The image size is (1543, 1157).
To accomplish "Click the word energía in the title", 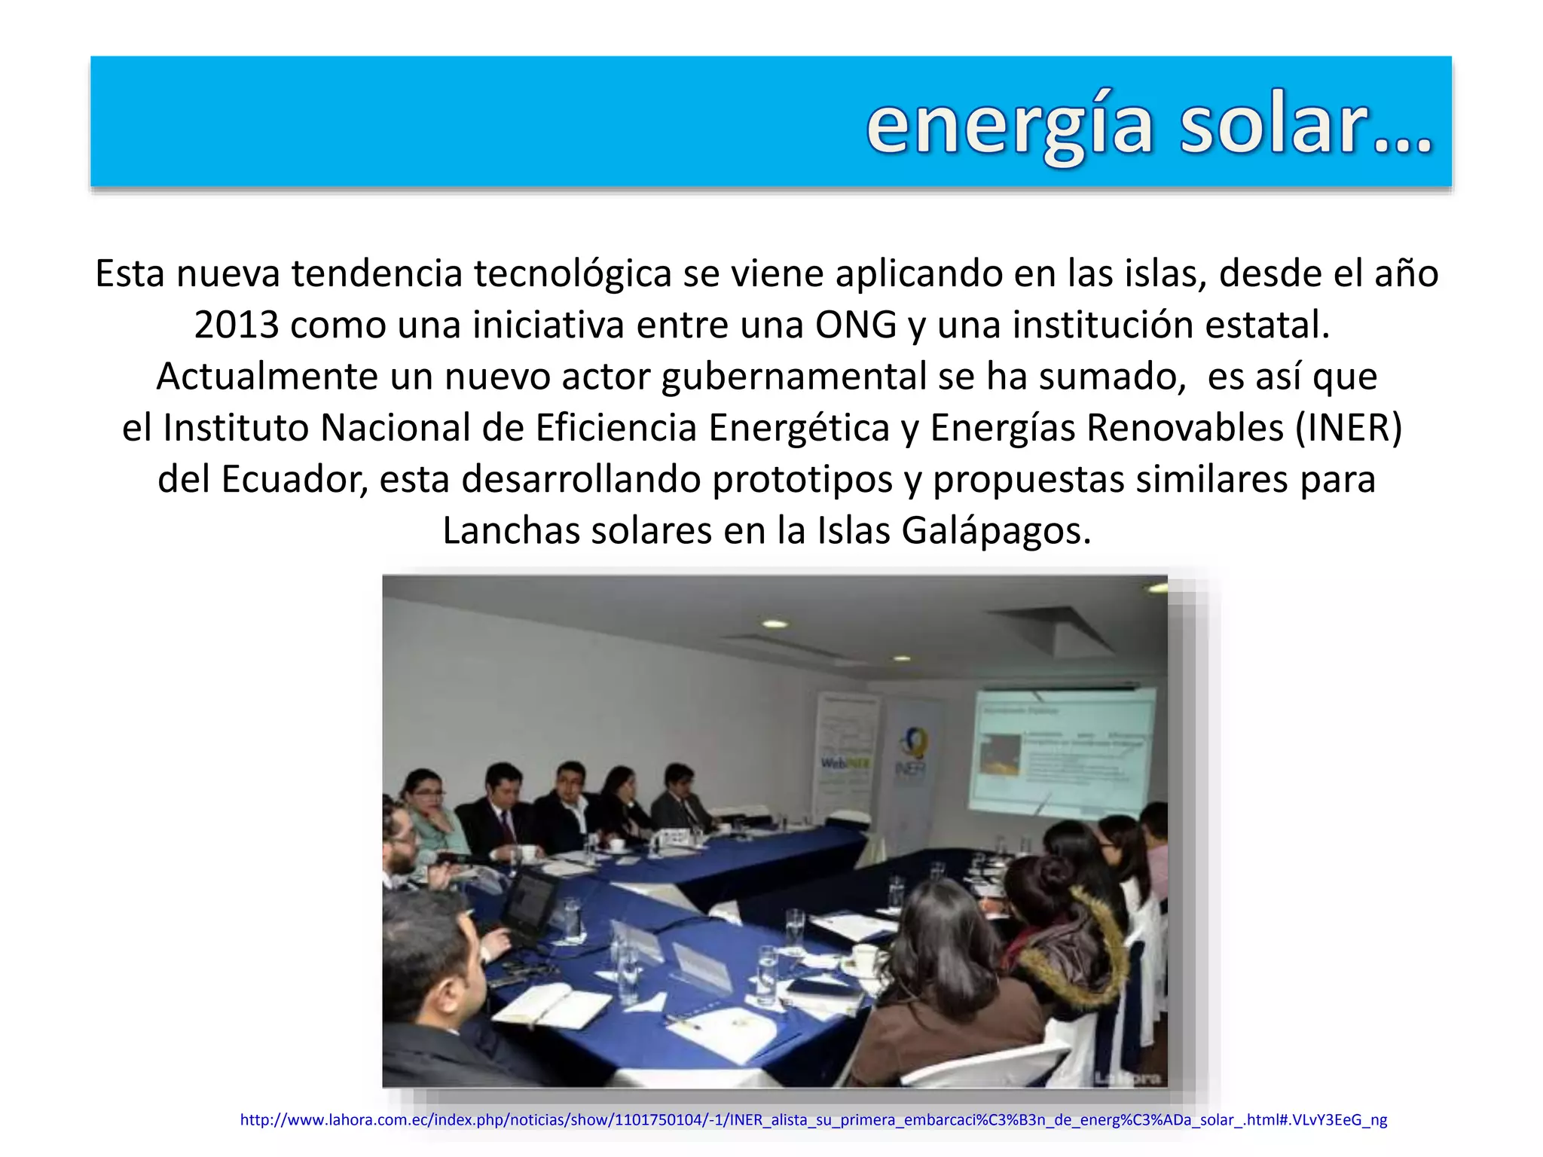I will [x=1010, y=127].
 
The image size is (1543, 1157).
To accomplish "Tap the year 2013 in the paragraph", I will [x=237, y=325].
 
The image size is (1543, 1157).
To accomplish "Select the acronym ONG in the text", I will [x=856, y=325].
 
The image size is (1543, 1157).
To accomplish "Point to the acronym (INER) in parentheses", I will [x=1348, y=428].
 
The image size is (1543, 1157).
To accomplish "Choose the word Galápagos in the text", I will [x=996, y=531].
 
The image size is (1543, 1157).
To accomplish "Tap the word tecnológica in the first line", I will [x=573, y=273].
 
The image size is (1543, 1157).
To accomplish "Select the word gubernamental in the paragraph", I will [x=794, y=377].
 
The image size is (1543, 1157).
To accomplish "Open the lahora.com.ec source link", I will [x=813, y=1120].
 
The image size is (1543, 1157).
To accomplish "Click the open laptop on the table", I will [x=532, y=904].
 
